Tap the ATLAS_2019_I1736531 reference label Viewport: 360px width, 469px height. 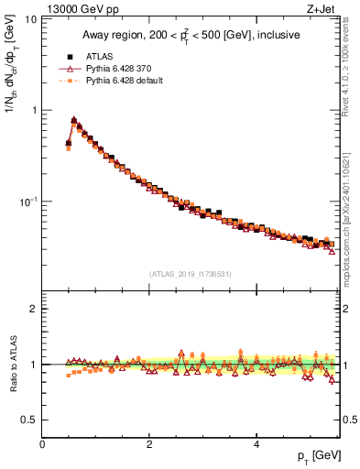coord(191,274)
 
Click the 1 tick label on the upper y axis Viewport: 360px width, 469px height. coord(34,110)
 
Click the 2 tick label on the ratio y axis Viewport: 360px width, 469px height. coord(34,309)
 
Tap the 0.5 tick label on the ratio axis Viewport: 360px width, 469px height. coord(29,420)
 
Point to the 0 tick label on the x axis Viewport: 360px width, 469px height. coord(42,444)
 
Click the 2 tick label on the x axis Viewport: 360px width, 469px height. coord(148,444)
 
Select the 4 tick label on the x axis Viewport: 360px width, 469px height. coord(256,444)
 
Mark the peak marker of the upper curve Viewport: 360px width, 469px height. coord(73,119)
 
